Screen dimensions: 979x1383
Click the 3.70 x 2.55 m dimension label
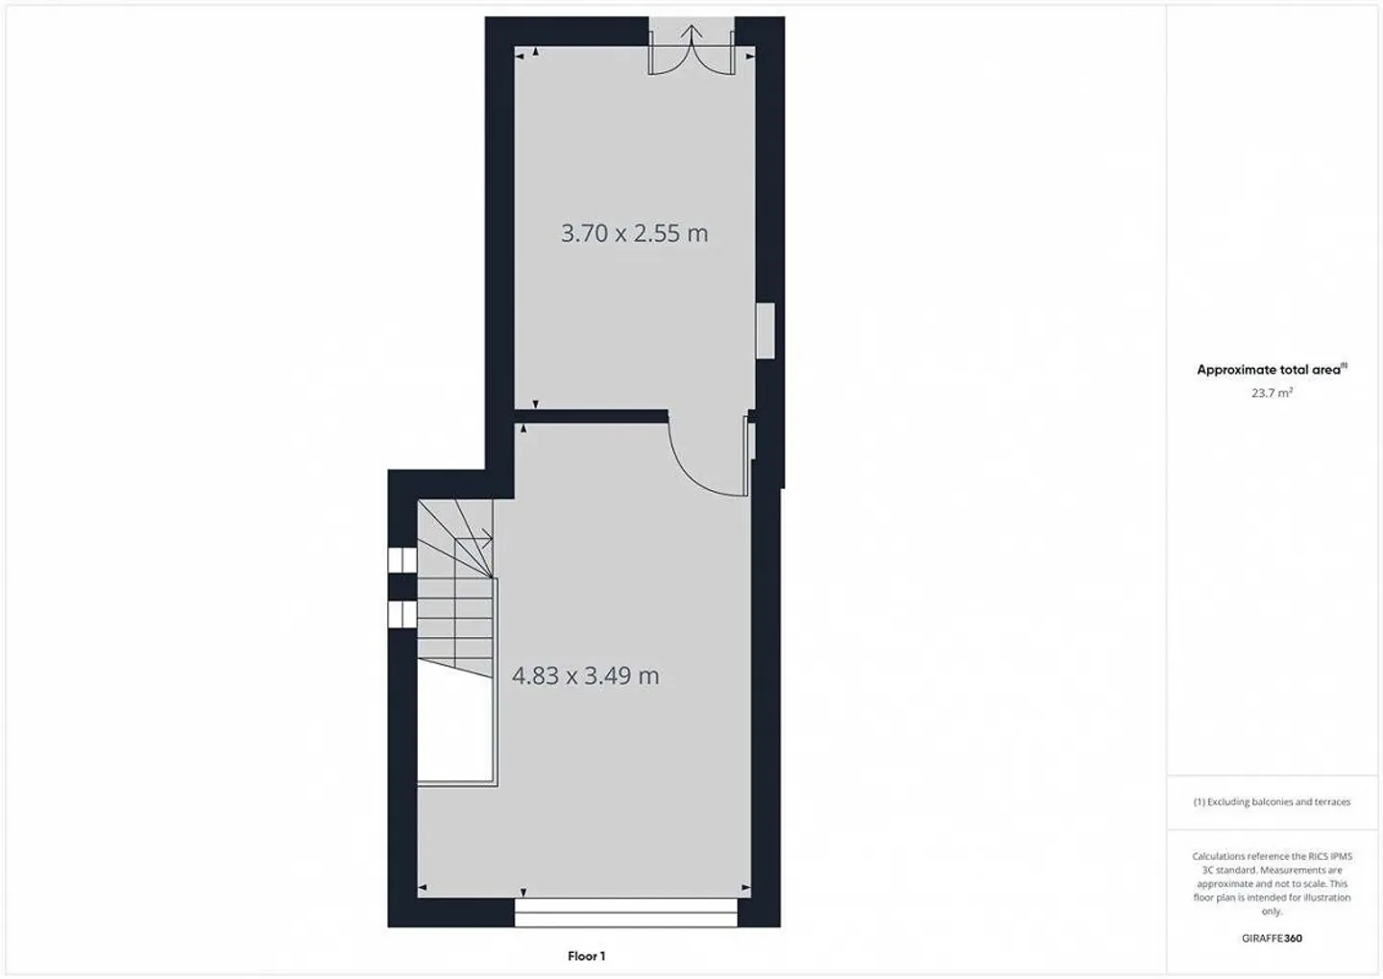[634, 233]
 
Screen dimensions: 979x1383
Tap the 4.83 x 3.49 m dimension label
[585, 676]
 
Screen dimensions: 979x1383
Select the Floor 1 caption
[586, 956]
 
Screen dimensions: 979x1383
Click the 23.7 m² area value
[1272, 393]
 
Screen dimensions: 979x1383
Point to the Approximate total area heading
[1271, 370]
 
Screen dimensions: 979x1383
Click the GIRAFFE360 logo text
[1272, 939]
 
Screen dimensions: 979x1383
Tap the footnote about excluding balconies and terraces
[1272, 801]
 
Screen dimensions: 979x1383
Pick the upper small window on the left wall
[401, 559]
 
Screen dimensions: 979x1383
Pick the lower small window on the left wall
[401, 614]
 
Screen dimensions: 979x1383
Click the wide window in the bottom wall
[625, 913]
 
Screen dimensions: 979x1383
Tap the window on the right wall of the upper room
[765, 330]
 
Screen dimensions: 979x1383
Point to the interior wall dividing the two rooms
[591, 416]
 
